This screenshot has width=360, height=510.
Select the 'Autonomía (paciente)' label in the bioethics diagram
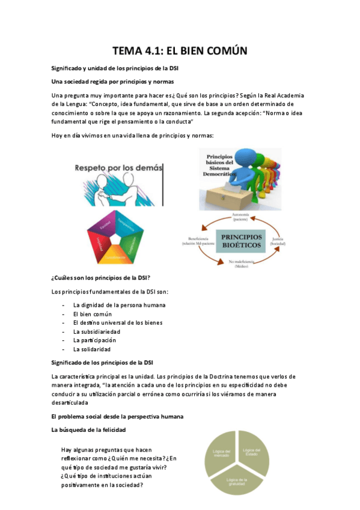point(240,218)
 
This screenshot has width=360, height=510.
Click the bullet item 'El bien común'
point(92,314)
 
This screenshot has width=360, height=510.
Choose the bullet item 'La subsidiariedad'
point(96,331)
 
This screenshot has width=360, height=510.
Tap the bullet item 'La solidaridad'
point(91,349)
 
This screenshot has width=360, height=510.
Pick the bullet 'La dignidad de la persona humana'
point(119,305)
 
